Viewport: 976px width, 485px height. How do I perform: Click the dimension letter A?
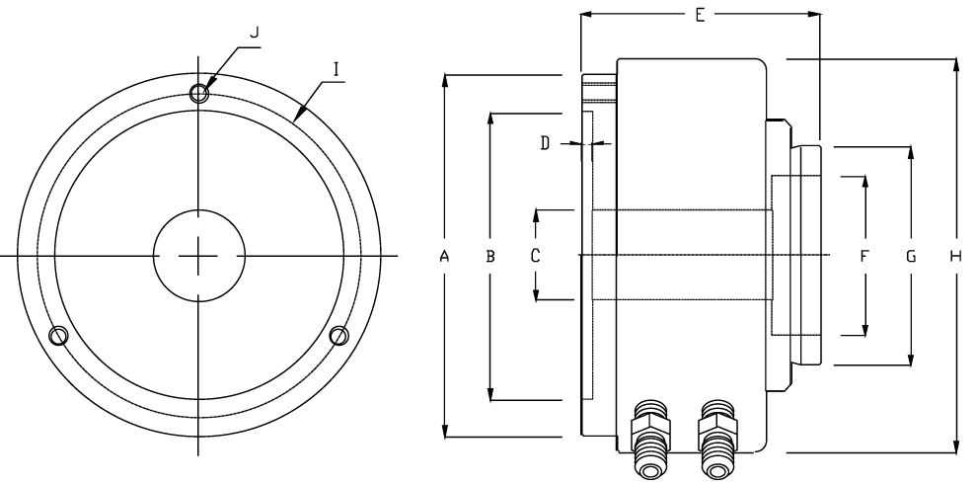pos(444,256)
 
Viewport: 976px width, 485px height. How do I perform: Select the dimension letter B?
pos(490,256)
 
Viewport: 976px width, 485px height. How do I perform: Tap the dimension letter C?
pos(535,256)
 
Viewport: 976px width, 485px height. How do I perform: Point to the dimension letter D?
pos(546,143)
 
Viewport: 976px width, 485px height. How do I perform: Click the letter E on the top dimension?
pos(700,16)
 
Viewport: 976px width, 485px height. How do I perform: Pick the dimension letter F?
pos(863,256)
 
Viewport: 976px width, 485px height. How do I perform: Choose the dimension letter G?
pos(911,256)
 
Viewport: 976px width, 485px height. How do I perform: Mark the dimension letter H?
pos(956,256)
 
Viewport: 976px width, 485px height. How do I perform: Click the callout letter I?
pos(337,68)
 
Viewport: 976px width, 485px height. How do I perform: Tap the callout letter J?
pos(254,33)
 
